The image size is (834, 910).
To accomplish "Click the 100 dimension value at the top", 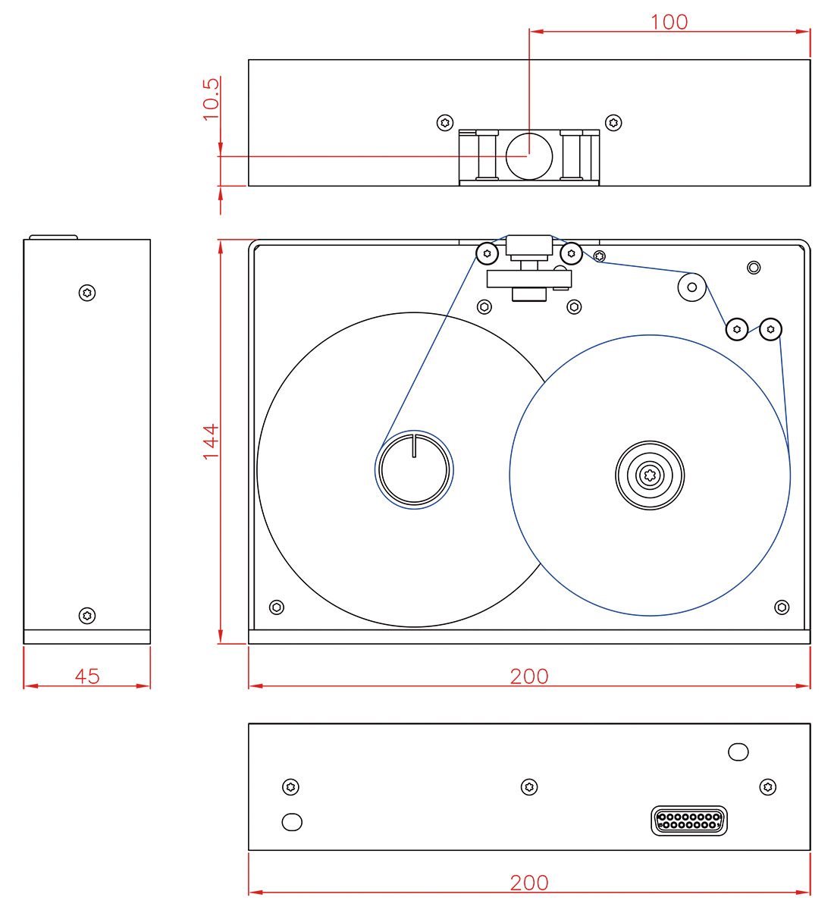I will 669,22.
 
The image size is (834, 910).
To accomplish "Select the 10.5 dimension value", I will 211,99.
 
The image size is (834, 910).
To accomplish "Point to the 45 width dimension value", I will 87,676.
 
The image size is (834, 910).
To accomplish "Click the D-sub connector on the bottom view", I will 688,821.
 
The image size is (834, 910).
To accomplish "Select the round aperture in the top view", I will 528,155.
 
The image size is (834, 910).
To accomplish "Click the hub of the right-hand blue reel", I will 650,475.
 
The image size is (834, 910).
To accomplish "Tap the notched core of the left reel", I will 414,469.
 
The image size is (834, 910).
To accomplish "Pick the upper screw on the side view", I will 87,293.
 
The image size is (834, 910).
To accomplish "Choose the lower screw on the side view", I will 87,615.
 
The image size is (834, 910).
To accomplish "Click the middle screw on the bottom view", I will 529,787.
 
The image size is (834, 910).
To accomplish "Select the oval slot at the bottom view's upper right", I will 738,752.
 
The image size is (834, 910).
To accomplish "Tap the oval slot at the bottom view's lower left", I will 292,821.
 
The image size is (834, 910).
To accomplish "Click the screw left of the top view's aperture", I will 445,122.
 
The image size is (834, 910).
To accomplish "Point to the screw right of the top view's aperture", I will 613,122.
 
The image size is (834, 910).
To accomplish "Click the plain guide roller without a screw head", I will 691,287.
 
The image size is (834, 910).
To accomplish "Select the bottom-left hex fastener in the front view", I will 277,607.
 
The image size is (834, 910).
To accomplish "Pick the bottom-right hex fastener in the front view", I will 782,607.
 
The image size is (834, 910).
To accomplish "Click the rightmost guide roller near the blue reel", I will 770,329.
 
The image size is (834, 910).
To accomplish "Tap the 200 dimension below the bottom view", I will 528,883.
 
